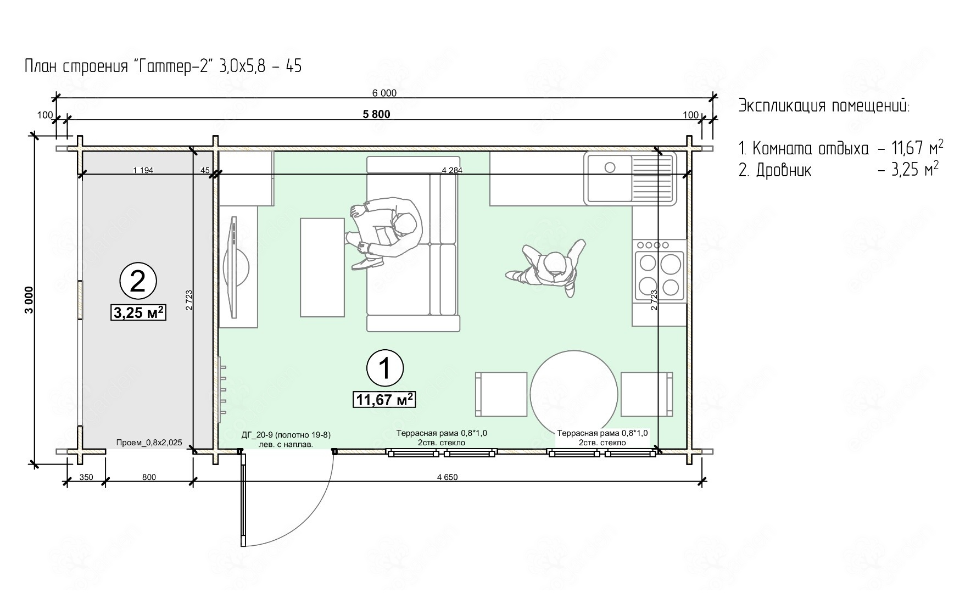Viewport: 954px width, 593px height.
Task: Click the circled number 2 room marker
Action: point(138,281)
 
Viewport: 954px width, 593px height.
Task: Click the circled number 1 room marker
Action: point(385,368)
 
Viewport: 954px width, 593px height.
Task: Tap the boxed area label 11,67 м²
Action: point(383,399)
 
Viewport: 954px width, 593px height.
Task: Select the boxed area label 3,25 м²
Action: point(138,312)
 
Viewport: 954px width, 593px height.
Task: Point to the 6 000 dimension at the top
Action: point(384,93)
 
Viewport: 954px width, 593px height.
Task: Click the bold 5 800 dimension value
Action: point(376,114)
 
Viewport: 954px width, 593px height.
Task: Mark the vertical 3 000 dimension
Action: point(29,299)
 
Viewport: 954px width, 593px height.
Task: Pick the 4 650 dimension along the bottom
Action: point(447,477)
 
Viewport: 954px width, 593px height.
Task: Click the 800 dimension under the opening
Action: point(149,477)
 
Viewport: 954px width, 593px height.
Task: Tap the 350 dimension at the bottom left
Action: point(86,477)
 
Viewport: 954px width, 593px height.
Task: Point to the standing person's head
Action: point(556,265)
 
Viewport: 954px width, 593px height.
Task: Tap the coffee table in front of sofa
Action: point(322,267)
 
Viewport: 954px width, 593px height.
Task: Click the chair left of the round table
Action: point(501,394)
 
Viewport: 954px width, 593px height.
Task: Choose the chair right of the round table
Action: point(647,394)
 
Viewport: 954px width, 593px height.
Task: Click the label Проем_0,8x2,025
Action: point(149,443)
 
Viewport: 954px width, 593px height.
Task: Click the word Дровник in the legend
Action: point(783,171)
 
